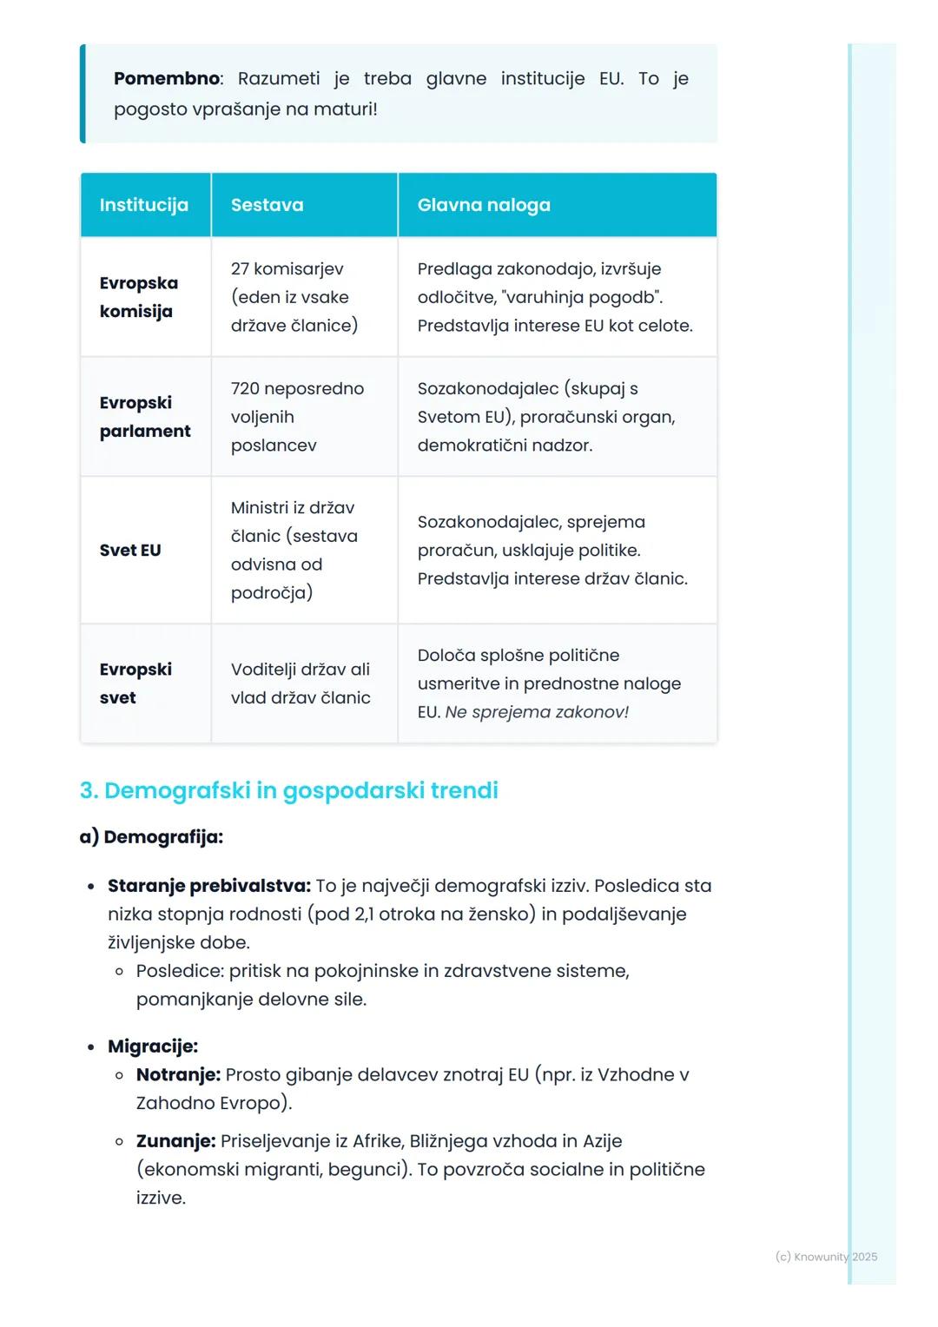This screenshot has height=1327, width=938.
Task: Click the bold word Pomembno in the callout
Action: pos(166,78)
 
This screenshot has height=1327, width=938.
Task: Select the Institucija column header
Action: pos(143,205)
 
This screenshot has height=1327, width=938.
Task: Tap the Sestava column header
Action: pos(267,205)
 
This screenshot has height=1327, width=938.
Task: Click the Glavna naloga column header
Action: pos(484,205)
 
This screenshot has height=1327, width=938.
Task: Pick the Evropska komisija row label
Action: pos(139,297)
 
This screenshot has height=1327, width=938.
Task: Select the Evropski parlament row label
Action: pos(144,417)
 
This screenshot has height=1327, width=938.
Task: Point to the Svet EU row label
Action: pos(130,550)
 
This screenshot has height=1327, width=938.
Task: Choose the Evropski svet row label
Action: pos(135,683)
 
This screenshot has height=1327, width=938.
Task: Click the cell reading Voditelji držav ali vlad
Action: pos(301,683)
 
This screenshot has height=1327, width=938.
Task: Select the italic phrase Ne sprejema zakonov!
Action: pos(537,712)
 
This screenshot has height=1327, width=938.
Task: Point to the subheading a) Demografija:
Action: pos(151,837)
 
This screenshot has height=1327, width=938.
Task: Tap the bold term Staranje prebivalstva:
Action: pos(208,886)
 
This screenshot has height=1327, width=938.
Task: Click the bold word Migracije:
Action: pos(153,1046)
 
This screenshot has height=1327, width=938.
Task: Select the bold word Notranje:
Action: pos(178,1074)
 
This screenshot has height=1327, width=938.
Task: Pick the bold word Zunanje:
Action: pos(175,1141)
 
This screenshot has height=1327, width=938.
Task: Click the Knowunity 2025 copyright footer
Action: pos(826,1257)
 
